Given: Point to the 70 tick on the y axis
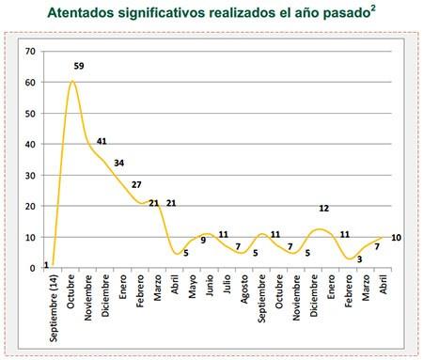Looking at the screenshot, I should pos(31,51).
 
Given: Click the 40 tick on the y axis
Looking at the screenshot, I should pos(31,144).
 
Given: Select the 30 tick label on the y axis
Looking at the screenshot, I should pos(31,175).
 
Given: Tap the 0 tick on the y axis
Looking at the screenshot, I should pos(34,268).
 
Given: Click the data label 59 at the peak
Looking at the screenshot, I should pos(80,67).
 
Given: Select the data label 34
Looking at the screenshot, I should pos(119,163).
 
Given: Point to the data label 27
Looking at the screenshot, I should pos(137,184).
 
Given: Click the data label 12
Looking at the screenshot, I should pos(323,209).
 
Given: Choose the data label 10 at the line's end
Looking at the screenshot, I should pos(396,237).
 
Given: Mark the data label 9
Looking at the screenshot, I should pos(203,241).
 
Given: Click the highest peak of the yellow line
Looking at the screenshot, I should pos(72,82).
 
